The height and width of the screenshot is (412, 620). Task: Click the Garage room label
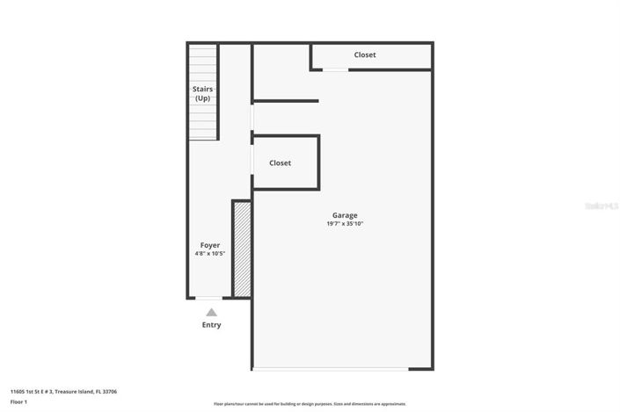click(x=345, y=215)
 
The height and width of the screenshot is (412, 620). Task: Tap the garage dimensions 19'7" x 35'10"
click(x=345, y=224)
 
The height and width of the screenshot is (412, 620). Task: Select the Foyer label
click(x=210, y=245)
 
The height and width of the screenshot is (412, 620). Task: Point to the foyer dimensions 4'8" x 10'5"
click(x=210, y=254)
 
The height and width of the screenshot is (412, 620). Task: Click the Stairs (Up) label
click(x=203, y=93)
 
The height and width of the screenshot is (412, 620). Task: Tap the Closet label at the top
click(x=365, y=55)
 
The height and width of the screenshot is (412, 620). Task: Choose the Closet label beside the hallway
click(x=281, y=163)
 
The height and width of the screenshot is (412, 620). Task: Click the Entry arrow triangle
click(x=211, y=312)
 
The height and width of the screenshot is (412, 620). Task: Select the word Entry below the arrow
click(x=211, y=325)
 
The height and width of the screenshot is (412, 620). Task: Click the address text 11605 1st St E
click(x=44, y=392)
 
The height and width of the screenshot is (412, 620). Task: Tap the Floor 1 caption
click(x=18, y=402)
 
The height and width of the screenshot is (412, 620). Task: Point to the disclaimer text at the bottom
click(x=310, y=404)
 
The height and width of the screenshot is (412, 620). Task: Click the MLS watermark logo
click(x=602, y=206)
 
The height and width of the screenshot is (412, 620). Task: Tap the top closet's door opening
click(x=335, y=69)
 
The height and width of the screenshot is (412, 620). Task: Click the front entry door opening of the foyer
click(x=208, y=299)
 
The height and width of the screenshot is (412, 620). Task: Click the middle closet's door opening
click(x=252, y=161)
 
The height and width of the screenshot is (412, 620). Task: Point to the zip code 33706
click(x=108, y=392)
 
